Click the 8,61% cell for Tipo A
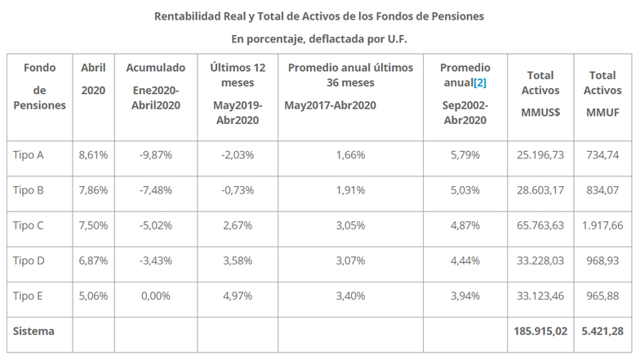pos(94,154)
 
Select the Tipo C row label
pos(29,225)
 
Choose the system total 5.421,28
pos(603,331)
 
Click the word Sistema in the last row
pos(33,331)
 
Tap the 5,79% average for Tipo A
pos(465,154)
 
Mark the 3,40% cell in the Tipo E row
pos(351,296)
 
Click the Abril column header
pos(94,67)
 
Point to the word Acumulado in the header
pos(156,67)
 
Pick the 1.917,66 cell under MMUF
pos(603,225)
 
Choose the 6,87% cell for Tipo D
pos(94,260)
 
